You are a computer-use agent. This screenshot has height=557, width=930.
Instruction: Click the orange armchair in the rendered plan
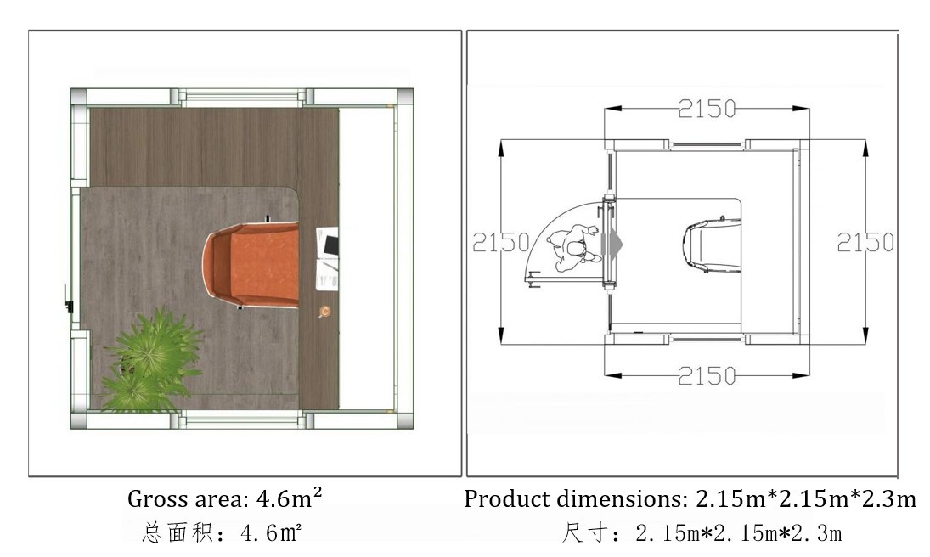[x=252, y=265]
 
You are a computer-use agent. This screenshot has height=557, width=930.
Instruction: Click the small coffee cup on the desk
[x=324, y=312]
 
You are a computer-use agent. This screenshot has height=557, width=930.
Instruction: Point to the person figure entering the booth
[x=573, y=247]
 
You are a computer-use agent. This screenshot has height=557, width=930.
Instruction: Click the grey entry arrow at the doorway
[x=612, y=243]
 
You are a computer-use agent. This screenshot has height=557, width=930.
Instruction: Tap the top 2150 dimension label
[x=707, y=109]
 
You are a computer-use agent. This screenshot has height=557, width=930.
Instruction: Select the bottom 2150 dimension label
[x=707, y=375]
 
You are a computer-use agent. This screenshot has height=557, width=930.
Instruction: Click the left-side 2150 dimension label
[x=501, y=242]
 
